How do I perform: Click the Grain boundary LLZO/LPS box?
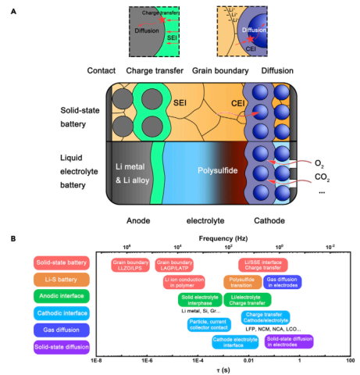coord(130,264)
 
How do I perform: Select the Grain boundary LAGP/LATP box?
coord(175,264)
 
